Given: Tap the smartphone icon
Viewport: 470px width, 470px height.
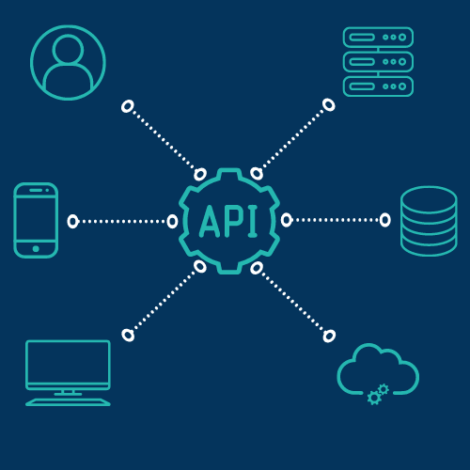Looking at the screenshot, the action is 36,220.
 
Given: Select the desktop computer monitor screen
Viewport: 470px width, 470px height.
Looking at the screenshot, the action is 68,365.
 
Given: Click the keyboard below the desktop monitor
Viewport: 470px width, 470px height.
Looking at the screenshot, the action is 68,402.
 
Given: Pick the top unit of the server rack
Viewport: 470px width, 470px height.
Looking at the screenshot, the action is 378,38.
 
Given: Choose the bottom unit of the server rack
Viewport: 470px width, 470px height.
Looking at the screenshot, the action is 378,86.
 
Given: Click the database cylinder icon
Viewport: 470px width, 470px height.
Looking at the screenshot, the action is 429,221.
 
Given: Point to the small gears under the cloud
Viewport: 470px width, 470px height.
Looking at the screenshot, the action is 378,394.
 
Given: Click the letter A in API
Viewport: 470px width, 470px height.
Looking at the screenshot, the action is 210,221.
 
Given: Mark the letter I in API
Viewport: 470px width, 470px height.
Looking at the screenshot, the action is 252,221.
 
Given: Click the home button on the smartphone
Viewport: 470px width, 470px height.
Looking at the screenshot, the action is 36,249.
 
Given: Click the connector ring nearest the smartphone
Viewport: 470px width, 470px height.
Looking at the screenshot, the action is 72,222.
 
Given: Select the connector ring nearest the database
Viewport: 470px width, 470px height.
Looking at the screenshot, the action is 385,220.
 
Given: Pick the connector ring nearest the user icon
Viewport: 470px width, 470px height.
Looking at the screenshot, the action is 128,106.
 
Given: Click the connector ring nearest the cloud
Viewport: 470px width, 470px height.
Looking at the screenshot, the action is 329,337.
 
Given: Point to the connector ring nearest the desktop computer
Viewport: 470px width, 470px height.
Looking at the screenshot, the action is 128,335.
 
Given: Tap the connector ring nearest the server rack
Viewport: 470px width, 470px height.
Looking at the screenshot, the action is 329,105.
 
